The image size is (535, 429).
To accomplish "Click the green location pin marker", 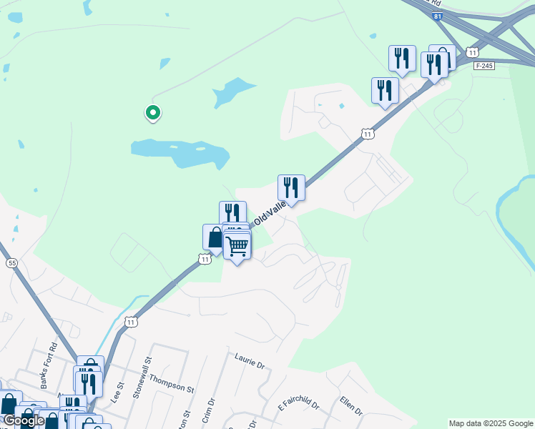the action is click(152, 112).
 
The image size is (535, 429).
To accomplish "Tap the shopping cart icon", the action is click(237, 247).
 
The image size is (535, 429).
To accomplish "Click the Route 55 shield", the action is click(11, 263).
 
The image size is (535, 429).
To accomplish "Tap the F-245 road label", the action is click(484, 66).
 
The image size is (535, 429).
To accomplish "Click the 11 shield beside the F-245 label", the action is click(471, 51).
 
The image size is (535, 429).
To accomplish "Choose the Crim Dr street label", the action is click(209, 408).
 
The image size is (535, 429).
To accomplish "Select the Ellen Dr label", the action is click(351, 406).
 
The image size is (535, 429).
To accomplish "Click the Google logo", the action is click(24, 420).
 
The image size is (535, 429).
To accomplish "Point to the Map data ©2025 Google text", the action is click(490, 423).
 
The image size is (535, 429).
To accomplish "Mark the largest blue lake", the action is click(180, 152).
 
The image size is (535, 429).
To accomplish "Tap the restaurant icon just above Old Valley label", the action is click(291, 188).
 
